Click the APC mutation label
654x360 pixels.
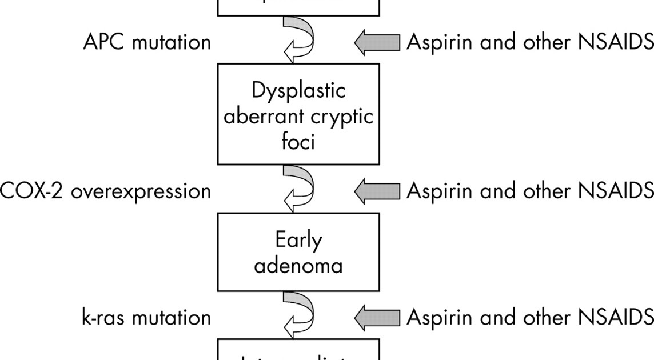pos(147,42)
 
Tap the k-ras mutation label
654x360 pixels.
pos(146,317)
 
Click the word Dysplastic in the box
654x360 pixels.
pos(298,91)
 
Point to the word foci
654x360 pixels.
pos(298,141)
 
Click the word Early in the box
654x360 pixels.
pos(298,240)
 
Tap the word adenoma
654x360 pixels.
pos(298,265)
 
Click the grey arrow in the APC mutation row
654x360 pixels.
pos(377,43)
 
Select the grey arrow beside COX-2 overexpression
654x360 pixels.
pos(377,191)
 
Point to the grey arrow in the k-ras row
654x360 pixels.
pos(377,317)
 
